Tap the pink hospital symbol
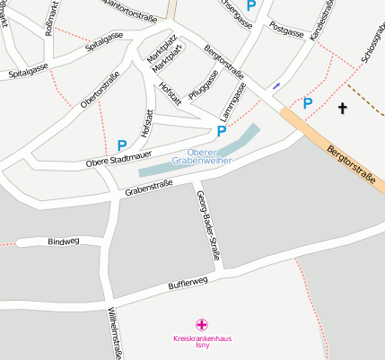pos(203,325)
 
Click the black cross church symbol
pos(341,109)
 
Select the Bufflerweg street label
pos(188,283)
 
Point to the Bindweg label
pos(64,241)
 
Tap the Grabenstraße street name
pos(149,189)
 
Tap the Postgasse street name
pos(287,31)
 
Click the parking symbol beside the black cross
pos(308,103)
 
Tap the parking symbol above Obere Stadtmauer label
pos(122,145)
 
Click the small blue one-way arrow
pos(276,86)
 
